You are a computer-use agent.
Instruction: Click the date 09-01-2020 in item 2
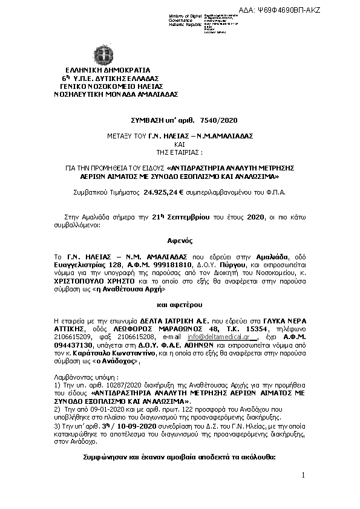click(x=97, y=409)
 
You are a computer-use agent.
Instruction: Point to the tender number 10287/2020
click(x=106, y=385)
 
